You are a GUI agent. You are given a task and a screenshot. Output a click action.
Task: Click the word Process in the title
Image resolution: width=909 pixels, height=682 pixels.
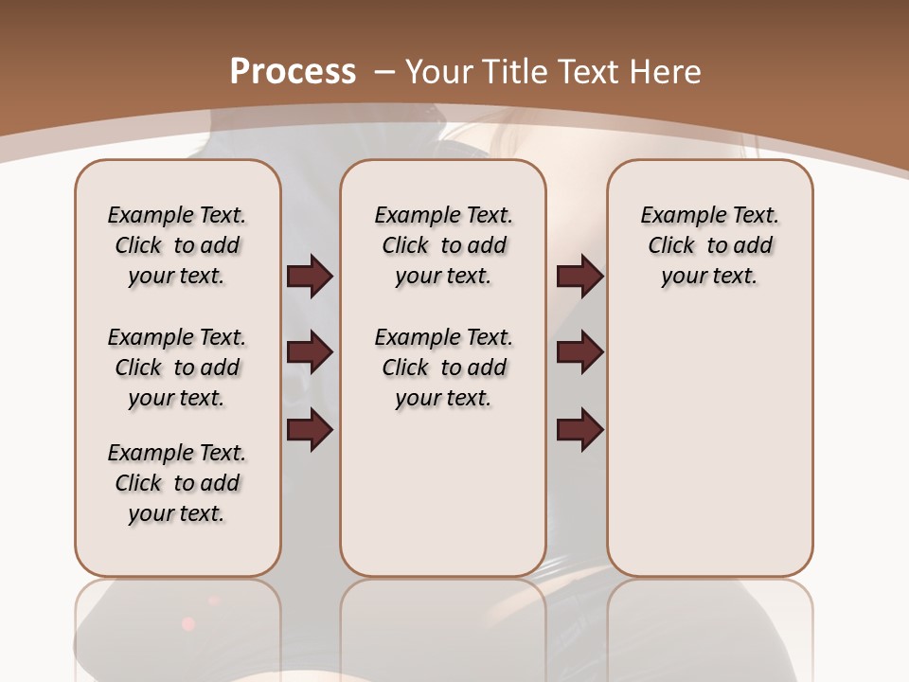pos(293,72)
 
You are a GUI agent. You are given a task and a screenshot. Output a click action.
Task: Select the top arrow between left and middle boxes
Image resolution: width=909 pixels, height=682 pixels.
pos(310,277)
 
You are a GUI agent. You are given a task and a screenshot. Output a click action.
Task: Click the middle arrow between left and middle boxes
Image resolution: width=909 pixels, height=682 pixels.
pos(310,353)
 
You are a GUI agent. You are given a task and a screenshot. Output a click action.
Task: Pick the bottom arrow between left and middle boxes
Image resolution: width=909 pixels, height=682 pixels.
pos(310,430)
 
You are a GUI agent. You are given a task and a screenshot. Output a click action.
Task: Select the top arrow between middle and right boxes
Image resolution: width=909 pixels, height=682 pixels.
pos(579,277)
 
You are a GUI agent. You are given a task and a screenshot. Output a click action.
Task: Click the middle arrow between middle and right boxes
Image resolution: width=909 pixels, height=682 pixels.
pos(579,353)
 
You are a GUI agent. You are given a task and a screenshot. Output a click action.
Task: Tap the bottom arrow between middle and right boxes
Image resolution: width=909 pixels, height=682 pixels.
pos(579,430)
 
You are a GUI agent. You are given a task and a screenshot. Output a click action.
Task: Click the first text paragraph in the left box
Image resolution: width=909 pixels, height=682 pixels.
pos(177,245)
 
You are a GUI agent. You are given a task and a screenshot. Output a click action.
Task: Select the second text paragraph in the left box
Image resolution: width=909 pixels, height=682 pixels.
pos(177,368)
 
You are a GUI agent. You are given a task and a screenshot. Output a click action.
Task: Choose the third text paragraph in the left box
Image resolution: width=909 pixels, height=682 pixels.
pos(177,483)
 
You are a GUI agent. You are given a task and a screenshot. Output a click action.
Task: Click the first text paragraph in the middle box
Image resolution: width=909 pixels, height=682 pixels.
pos(443,245)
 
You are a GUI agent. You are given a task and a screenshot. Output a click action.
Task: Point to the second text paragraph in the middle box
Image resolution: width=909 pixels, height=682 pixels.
pos(443,368)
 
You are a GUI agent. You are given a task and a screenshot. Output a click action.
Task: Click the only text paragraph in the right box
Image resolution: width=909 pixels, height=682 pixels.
pos(709,245)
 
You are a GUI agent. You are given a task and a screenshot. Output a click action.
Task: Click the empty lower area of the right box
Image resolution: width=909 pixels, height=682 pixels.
pos(709,455)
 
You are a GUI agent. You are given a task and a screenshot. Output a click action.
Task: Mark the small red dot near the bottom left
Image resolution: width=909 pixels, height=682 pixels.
pos(187,623)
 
